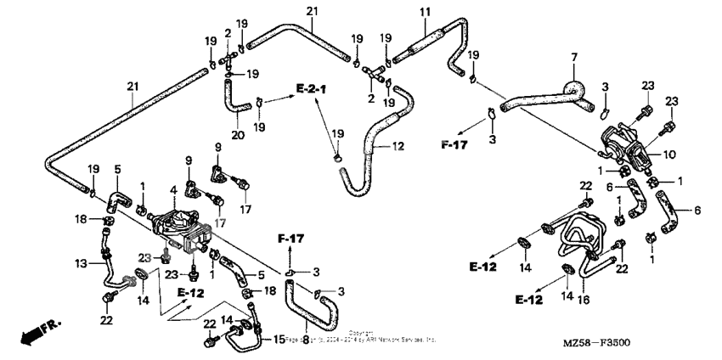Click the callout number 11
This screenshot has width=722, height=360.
click(x=425, y=11)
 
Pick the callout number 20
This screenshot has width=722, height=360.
click(x=237, y=135)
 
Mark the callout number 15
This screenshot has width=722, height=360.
click(x=278, y=340)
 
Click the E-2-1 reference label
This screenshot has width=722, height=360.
click(x=313, y=87)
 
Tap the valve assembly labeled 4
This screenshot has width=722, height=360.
click(x=179, y=225)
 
